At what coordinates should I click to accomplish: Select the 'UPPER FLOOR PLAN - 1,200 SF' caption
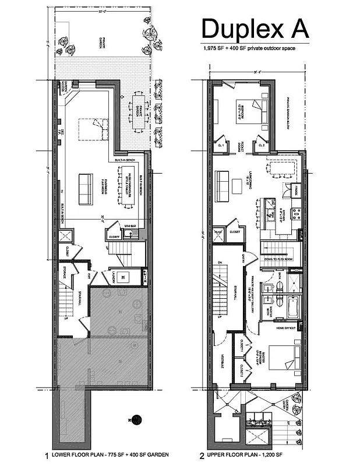[257, 455]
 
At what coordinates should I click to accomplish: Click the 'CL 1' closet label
[221, 144]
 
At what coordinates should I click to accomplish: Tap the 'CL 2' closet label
[262, 144]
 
